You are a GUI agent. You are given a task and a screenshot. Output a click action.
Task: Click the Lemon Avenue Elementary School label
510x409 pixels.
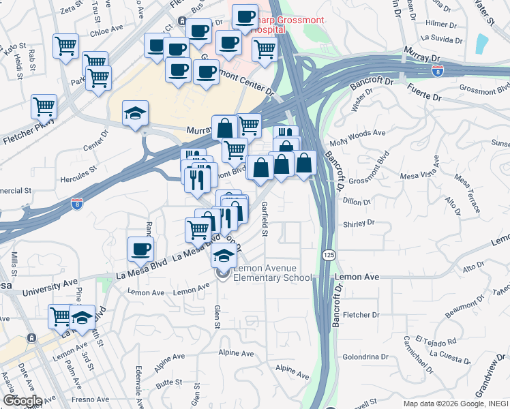tap(273, 273)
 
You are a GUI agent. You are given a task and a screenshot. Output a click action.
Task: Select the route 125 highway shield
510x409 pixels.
tap(328, 254)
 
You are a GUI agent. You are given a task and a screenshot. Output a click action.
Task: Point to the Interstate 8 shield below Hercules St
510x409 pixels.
tap(77, 203)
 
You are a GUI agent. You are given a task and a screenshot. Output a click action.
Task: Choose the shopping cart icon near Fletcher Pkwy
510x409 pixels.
tap(44, 106)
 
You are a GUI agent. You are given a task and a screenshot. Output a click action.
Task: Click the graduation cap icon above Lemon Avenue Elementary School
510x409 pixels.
tap(223, 256)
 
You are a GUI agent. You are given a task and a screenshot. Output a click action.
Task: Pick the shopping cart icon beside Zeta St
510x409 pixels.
tap(65, 46)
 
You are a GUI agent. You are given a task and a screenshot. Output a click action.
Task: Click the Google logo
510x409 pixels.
tap(22, 401)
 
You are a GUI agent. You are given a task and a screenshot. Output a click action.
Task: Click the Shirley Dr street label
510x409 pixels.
tap(359, 222)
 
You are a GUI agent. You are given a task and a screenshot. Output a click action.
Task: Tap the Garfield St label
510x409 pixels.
tap(265, 219)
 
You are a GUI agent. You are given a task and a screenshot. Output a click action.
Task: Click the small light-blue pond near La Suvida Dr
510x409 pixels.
tap(482, 43)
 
